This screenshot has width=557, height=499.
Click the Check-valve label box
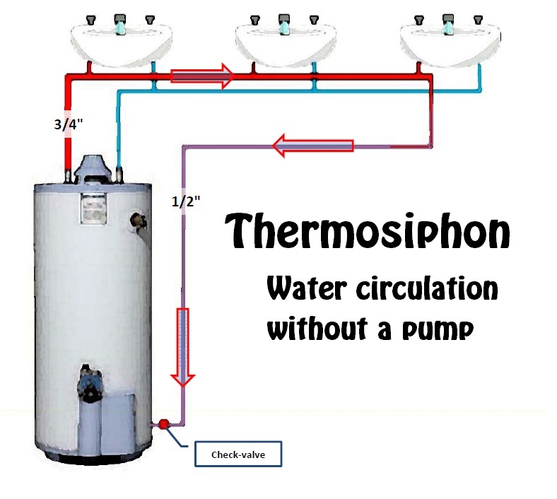coord(238,454)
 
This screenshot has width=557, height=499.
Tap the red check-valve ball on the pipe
coord(163,424)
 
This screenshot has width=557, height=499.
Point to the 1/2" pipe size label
coord(186,200)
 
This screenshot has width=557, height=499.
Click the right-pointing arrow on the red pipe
coord(202,75)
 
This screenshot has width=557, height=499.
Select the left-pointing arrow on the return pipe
coord(312,146)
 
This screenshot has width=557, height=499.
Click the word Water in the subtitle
coord(305,290)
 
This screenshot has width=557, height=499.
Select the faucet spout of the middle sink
coord(284,26)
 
